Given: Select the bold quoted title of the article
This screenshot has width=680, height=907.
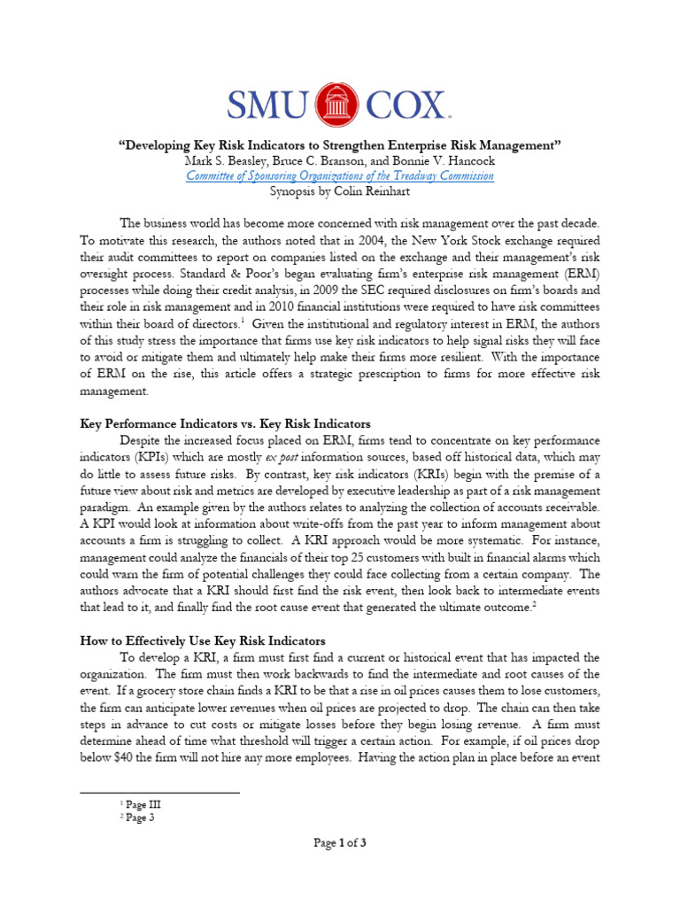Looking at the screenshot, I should point(339,144).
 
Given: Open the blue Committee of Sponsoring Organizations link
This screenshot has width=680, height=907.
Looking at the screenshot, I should point(339,175).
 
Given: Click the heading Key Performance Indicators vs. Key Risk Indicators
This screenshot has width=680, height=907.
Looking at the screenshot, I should point(225,424).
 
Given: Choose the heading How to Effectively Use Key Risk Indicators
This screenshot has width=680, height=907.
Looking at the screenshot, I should point(203,640).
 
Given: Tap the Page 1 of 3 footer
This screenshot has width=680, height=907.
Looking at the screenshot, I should point(339,843).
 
